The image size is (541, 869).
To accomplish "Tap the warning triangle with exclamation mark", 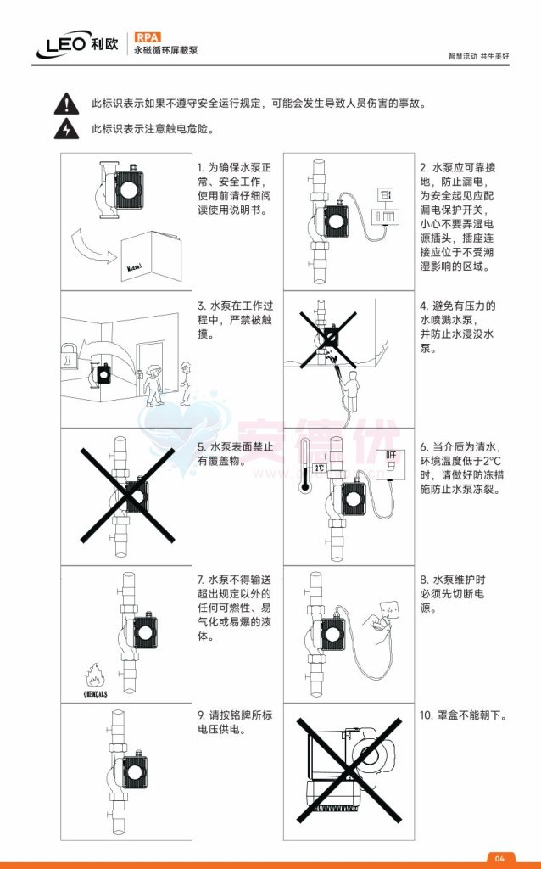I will coord(64,104).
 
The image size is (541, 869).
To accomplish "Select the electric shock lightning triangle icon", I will coord(64,130).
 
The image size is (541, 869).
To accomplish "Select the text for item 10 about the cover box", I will coord(463,715).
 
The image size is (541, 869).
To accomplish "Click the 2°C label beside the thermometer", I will coord(320,468).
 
